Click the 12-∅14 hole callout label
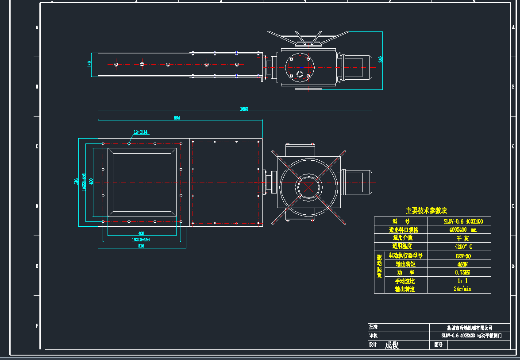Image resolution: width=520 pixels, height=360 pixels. pyautogui.click(x=141, y=132)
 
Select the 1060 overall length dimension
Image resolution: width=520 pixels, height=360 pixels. pyautogui.click(x=244, y=108)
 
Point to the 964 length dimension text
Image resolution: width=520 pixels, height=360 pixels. pyautogui.click(x=177, y=118)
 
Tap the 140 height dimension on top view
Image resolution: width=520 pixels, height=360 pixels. pyautogui.click(x=90, y=64)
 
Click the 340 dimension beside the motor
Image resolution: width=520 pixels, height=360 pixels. pyautogui.click(x=380, y=59)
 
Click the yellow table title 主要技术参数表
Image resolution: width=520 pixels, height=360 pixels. pyautogui.click(x=426, y=211)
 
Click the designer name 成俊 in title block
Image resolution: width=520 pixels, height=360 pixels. pyautogui.click(x=392, y=345)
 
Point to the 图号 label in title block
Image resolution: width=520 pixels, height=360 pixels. pyautogui.click(x=439, y=345)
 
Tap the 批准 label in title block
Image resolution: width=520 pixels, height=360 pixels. pyautogui.click(x=374, y=327)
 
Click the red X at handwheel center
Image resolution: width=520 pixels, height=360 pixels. pyautogui.click(x=309, y=187)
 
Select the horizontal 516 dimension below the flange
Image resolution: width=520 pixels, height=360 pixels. pyautogui.click(x=141, y=245)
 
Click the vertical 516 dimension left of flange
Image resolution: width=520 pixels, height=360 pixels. pyautogui.click(x=77, y=182)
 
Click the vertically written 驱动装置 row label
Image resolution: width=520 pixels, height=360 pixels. pyautogui.click(x=379, y=267)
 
